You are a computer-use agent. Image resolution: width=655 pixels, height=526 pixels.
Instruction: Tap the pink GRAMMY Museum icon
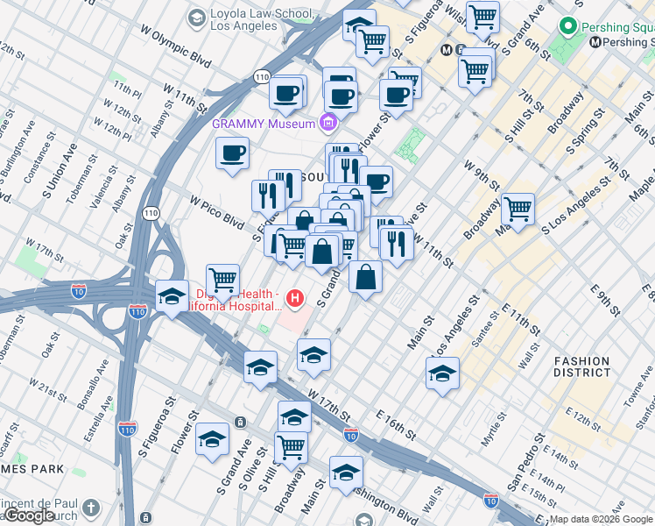point(328,123)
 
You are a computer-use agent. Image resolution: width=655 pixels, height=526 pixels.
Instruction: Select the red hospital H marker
point(295,300)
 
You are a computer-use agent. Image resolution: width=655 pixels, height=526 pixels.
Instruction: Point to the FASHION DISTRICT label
point(581,366)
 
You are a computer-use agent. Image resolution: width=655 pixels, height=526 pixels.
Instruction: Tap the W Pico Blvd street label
point(216,209)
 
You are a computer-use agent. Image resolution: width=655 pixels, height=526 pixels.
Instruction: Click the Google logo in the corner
point(31,515)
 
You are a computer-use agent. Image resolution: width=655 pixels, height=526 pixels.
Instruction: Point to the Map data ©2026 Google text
point(601,519)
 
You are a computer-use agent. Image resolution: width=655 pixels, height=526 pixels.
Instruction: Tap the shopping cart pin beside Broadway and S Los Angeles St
point(518,209)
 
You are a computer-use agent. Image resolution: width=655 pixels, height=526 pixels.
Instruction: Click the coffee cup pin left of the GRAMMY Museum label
point(233,153)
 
